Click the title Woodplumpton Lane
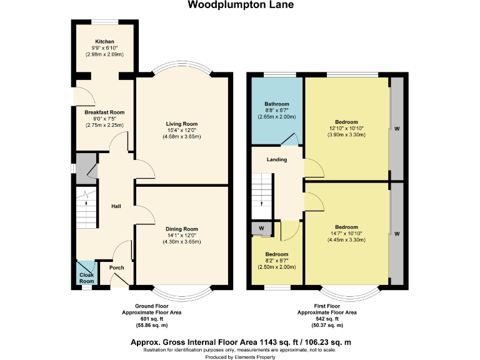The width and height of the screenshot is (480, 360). click(240, 5)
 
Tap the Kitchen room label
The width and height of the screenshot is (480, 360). click(104, 41)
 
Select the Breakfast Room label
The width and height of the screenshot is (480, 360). click(104, 112)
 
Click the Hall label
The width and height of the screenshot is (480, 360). click(116, 206)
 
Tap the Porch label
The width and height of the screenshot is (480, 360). click(117, 267)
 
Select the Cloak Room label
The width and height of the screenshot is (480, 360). click(86, 277)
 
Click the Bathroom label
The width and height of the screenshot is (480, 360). click(276, 104)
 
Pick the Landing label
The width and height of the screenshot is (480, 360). click(277, 159)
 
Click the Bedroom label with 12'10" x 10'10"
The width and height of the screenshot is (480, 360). click(346, 121)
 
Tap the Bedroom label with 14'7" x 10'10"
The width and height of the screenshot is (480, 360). click(346, 227)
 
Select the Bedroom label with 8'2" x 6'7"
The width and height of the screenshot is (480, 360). click(276, 254)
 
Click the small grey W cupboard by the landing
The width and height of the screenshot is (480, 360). click(261, 228)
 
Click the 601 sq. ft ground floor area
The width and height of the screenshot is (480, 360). click(152, 318)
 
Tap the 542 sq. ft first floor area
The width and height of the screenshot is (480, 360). click(327, 318)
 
